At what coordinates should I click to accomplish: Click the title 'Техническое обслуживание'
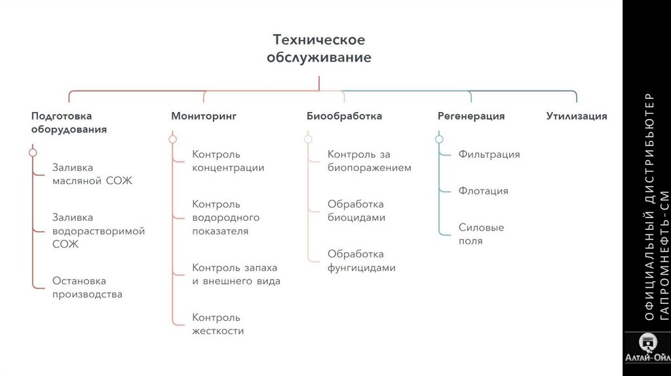(x=318, y=49)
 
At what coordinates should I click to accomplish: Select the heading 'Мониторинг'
(x=204, y=116)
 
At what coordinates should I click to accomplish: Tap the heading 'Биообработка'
(x=344, y=116)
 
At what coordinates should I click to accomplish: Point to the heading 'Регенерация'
(x=470, y=116)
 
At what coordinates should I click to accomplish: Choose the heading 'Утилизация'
(x=577, y=116)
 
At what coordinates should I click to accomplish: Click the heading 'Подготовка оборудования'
(x=69, y=122)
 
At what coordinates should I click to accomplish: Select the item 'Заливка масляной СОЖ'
(x=92, y=174)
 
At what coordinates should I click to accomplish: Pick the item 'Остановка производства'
(x=87, y=288)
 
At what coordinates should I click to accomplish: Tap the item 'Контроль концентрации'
(x=228, y=161)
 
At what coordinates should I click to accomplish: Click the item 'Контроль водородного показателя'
(x=225, y=217)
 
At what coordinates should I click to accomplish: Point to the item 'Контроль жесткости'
(x=218, y=324)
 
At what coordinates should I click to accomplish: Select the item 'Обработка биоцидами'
(x=356, y=211)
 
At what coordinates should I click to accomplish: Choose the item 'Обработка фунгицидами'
(x=361, y=261)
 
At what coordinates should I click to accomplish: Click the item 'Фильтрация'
(x=489, y=155)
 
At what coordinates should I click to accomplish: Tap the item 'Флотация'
(x=483, y=191)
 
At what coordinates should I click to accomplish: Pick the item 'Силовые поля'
(x=481, y=235)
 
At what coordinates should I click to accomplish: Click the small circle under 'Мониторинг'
(x=172, y=139)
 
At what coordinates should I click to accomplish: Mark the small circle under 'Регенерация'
(x=439, y=139)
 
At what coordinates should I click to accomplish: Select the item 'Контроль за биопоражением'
(x=369, y=161)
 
